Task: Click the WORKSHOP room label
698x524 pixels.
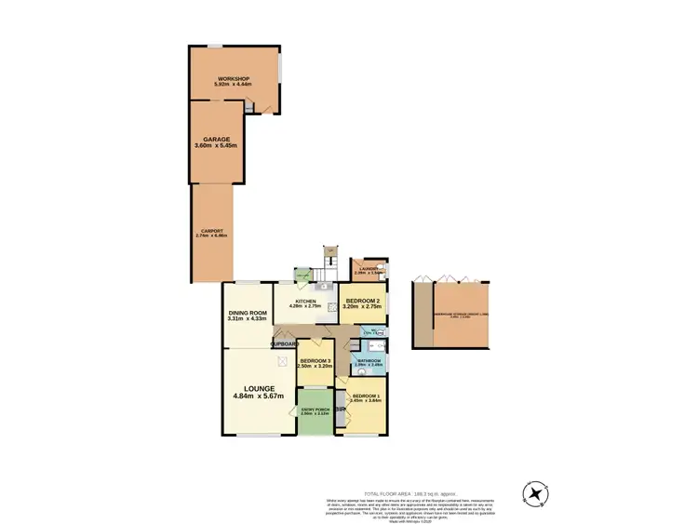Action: (234, 77)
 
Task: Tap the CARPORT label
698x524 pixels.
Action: (212, 231)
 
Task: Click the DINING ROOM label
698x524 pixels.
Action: (248, 312)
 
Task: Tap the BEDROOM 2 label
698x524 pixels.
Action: (363, 302)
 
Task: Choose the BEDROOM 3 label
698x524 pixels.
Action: (315, 360)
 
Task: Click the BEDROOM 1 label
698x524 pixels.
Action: (366, 396)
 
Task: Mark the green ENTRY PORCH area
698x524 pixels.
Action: (315, 413)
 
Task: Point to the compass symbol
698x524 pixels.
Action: (538, 492)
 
